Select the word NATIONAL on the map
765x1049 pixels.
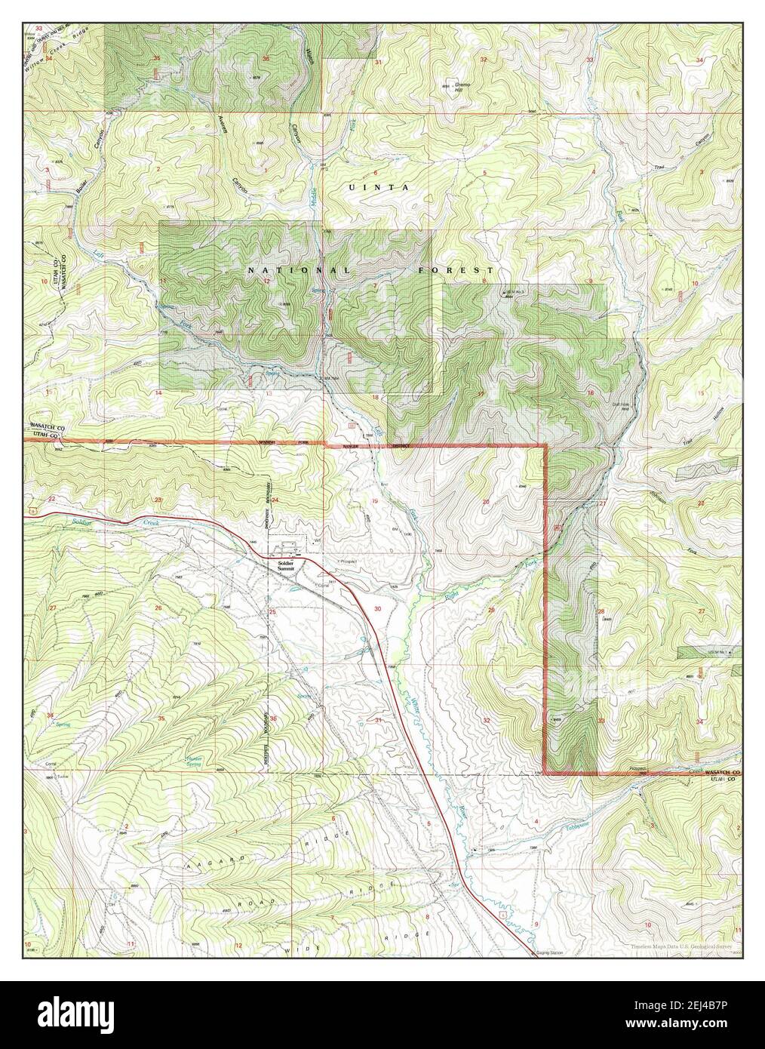(299, 269)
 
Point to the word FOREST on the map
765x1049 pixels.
(456, 269)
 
